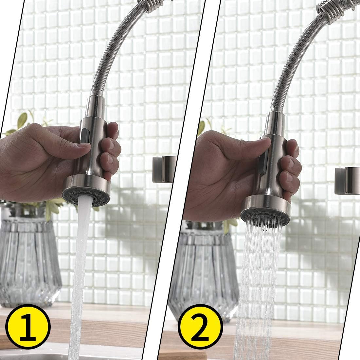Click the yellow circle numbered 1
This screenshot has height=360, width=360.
point(28,327)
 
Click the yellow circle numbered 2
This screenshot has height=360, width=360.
point(200,327)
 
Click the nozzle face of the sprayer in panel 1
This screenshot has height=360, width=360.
point(86,196)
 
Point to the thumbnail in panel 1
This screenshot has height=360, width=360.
point(84,145)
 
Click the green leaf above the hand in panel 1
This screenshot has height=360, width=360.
point(22,120)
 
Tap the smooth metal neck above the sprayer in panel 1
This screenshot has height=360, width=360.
point(95,107)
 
